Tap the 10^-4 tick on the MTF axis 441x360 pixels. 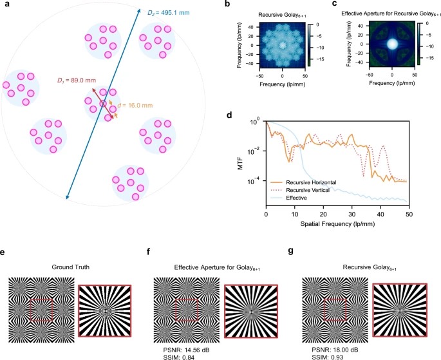tap(257, 180)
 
